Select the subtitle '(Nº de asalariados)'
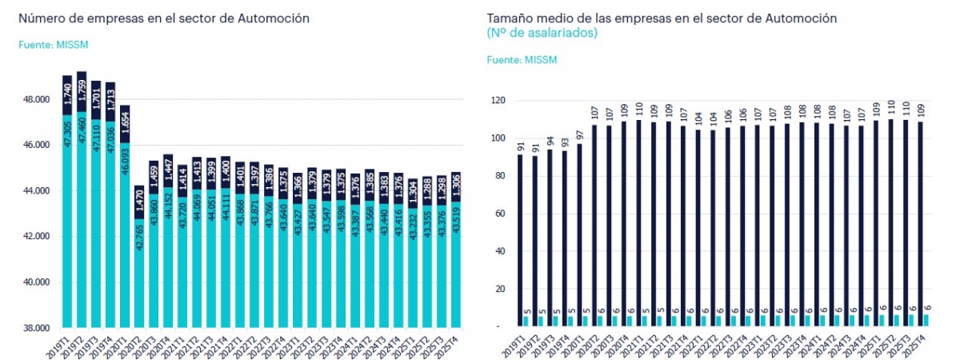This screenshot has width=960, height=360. pyautogui.click(x=542, y=33)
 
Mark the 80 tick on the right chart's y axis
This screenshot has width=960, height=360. pyautogui.click(x=498, y=176)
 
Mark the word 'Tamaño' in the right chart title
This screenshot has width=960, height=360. pyautogui.click(x=509, y=18)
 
